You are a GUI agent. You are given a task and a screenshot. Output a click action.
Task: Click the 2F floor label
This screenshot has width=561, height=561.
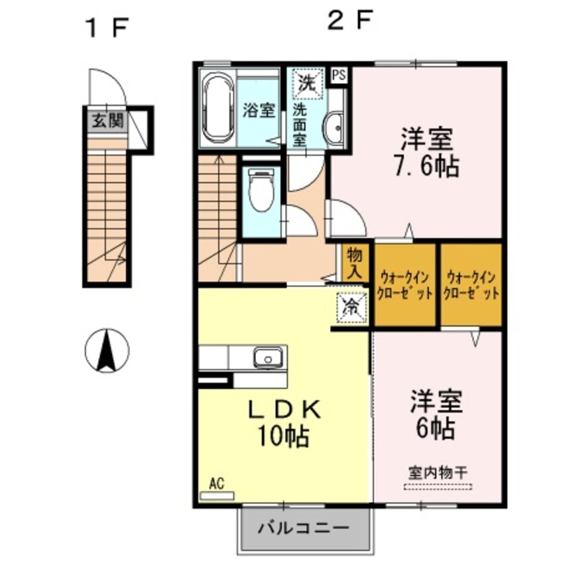[348, 22]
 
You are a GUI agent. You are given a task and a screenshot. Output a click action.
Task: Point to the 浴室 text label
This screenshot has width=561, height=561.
[259, 110]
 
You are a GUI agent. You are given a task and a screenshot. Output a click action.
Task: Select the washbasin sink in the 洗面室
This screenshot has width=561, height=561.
[336, 124]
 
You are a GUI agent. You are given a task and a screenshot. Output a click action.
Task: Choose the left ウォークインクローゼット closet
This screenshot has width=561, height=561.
[405, 285]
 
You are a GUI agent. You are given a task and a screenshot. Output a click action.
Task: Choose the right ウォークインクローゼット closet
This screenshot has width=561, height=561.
[471, 285]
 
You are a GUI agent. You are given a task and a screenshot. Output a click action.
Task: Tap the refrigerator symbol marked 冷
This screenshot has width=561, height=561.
[350, 307]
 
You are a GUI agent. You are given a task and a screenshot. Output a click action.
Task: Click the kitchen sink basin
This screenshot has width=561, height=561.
[269, 359]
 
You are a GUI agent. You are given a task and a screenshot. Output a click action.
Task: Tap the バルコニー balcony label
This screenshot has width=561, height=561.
[303, 529]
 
